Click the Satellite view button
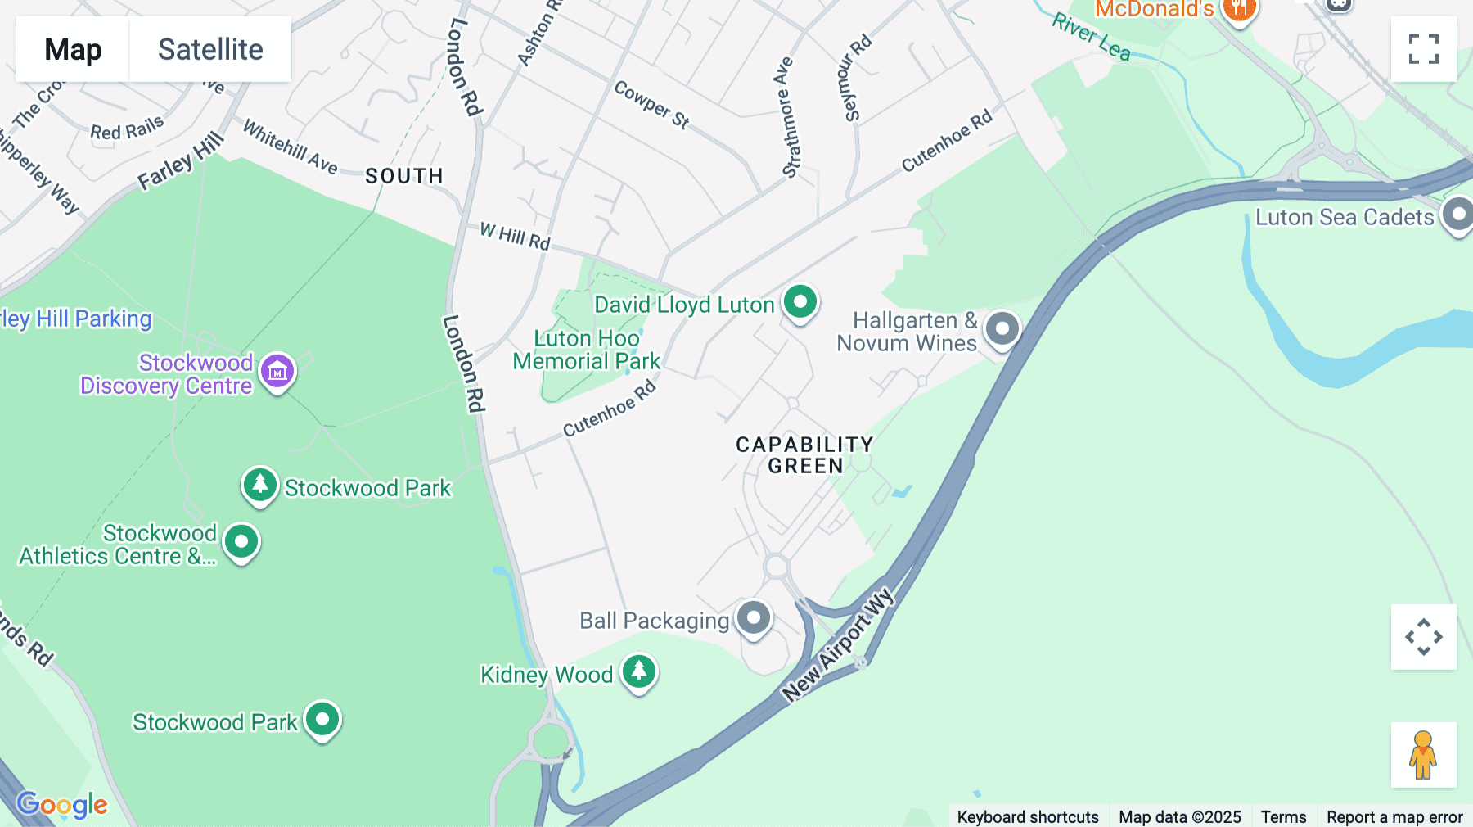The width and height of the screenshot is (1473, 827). pos(210,49)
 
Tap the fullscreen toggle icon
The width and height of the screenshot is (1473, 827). pos(1423,49)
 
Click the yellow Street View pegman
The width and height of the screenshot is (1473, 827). pos(1423,754)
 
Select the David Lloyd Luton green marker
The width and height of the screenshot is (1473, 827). pos(800,302)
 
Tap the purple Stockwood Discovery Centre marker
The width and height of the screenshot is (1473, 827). pos(277,373)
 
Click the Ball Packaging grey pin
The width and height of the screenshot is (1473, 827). pos(753,618)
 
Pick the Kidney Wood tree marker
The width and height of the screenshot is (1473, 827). pos(638,672)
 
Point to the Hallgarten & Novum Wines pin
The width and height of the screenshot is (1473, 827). pos(1002,329)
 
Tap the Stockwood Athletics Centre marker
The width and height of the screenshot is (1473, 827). pos(241,541)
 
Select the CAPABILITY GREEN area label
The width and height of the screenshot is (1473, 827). pos(804,455)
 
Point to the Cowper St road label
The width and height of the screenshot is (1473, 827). pos(651,104)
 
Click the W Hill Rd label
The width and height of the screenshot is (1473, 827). pos(515,236)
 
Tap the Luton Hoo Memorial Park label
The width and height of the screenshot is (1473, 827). pos(586,350)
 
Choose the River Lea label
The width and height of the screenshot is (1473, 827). pos(1091,37)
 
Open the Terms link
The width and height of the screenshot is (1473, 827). pos(1283,816)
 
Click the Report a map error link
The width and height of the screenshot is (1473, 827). pos(1394,816)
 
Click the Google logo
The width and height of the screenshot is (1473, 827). pos(62,804)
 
